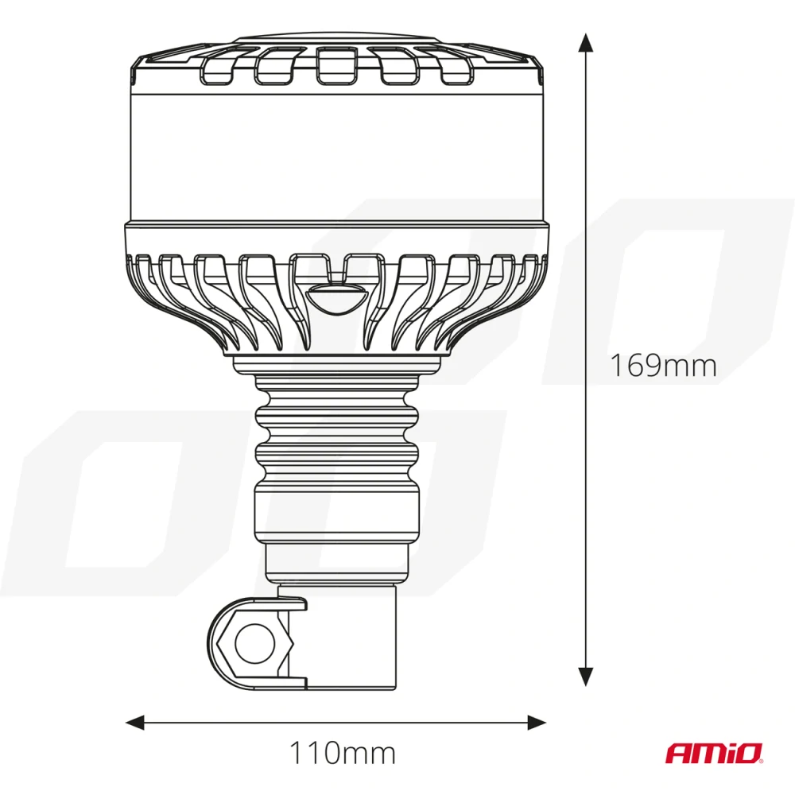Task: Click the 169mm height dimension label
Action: pos(663,366)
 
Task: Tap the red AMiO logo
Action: pos(713,752)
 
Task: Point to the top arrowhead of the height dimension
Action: pos(586,43)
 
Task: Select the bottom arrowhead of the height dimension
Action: pos(586,676)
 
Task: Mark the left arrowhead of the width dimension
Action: pos(135,722)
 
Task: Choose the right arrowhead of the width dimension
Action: pos(538,722)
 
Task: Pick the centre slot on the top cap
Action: pos(335,65)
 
